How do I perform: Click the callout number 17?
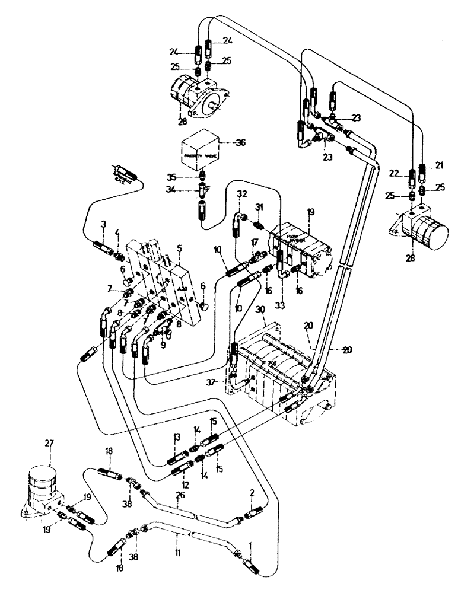254,242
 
